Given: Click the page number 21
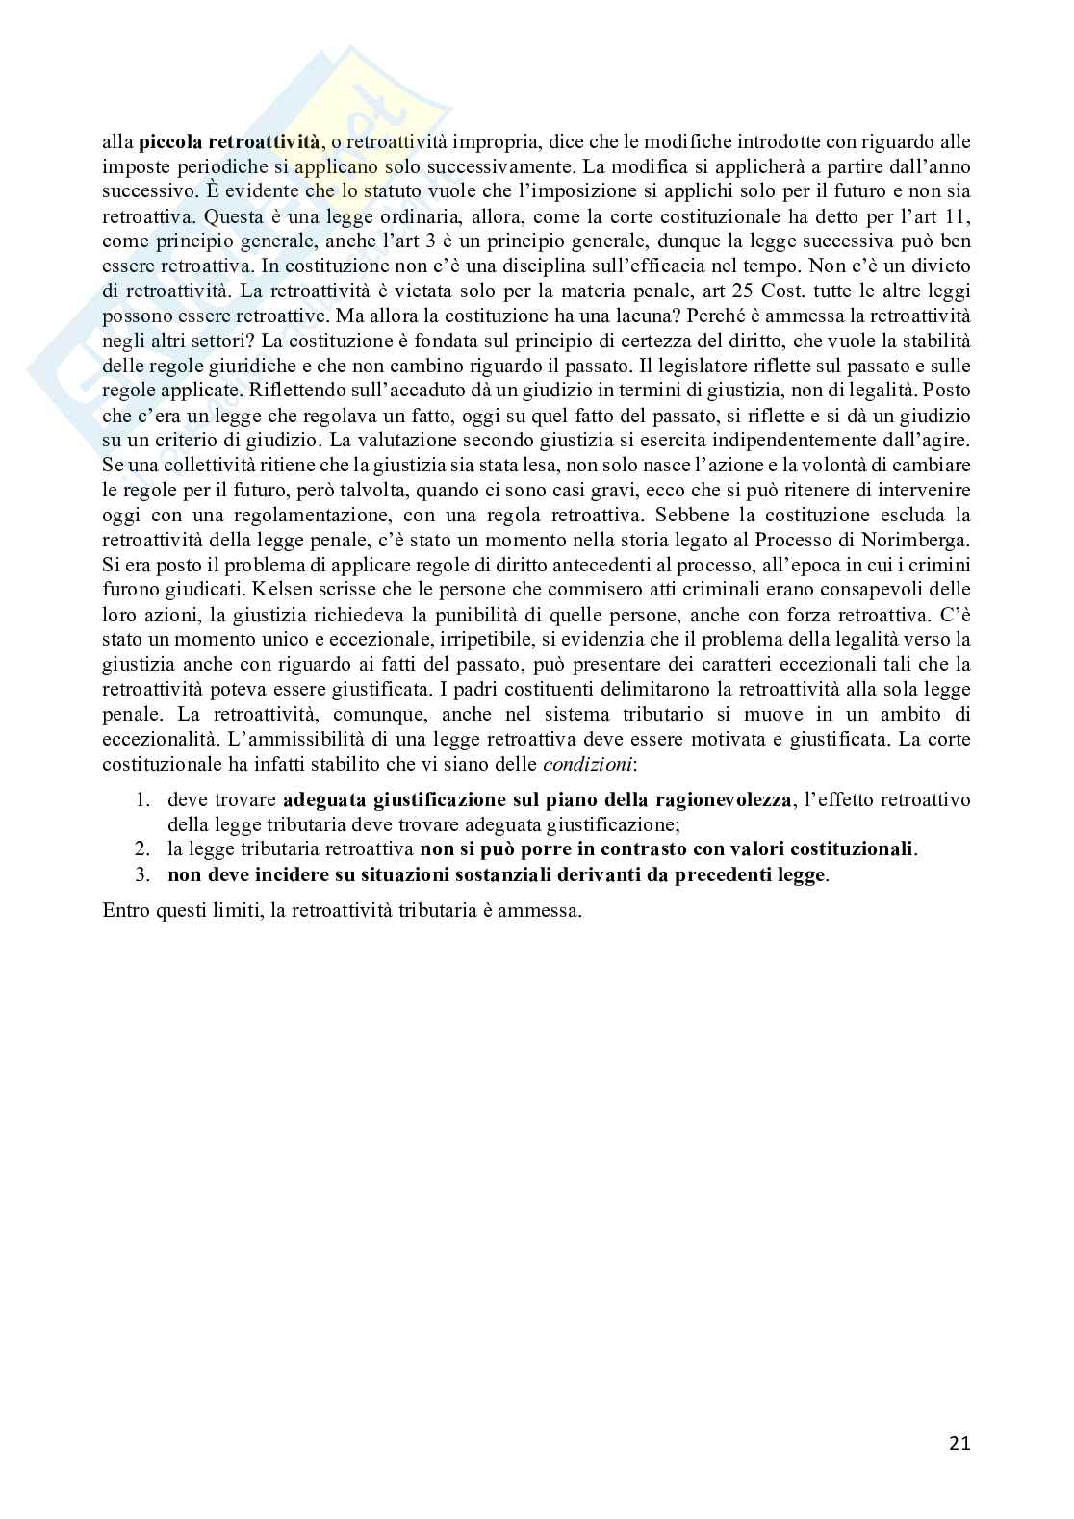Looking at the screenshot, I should click(959, 1443).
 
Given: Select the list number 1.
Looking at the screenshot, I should click(142, 800).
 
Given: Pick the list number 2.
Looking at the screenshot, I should click(142, 849).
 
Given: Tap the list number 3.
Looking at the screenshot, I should click(142, 875).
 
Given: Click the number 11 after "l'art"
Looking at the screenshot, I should click(959, 216).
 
